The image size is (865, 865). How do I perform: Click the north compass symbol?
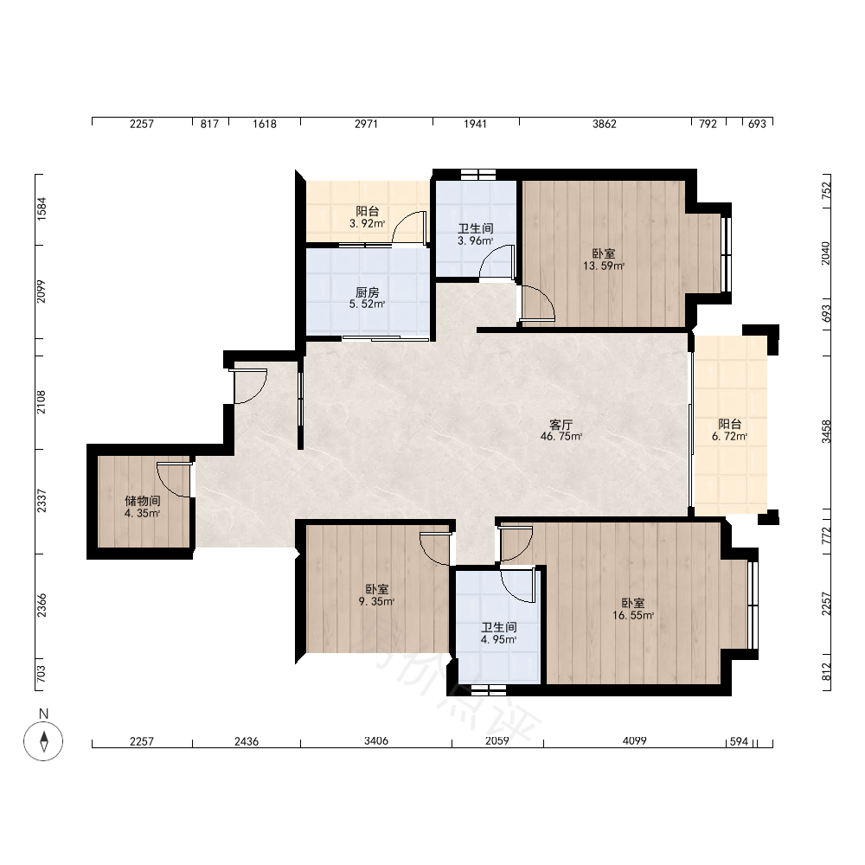coord(43,740)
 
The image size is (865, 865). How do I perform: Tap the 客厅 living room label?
coord(561,424)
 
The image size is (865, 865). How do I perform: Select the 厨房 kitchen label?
coord(368,292)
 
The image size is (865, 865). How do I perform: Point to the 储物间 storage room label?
coord(143,501)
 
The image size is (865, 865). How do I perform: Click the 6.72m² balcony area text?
coord(729,436)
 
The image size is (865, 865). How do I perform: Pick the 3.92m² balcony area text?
coord(367,223)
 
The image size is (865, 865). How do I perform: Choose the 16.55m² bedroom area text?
coord(633,615)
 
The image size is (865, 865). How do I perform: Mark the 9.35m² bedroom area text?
coord(376,601)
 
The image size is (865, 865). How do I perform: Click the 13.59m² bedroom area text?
coord(604,266)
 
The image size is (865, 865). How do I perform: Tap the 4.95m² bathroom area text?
coord(499,640)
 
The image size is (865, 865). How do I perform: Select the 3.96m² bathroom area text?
coord(475,241)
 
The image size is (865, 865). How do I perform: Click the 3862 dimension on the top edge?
coord(604,124)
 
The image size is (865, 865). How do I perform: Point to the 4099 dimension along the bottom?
coord(634,741)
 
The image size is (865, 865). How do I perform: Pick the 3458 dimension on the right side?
coord(826,432)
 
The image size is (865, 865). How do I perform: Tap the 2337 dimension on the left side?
coord(42,501)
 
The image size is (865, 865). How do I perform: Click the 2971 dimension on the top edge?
coord(366,124)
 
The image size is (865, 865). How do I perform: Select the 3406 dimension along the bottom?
coord(376,741)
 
